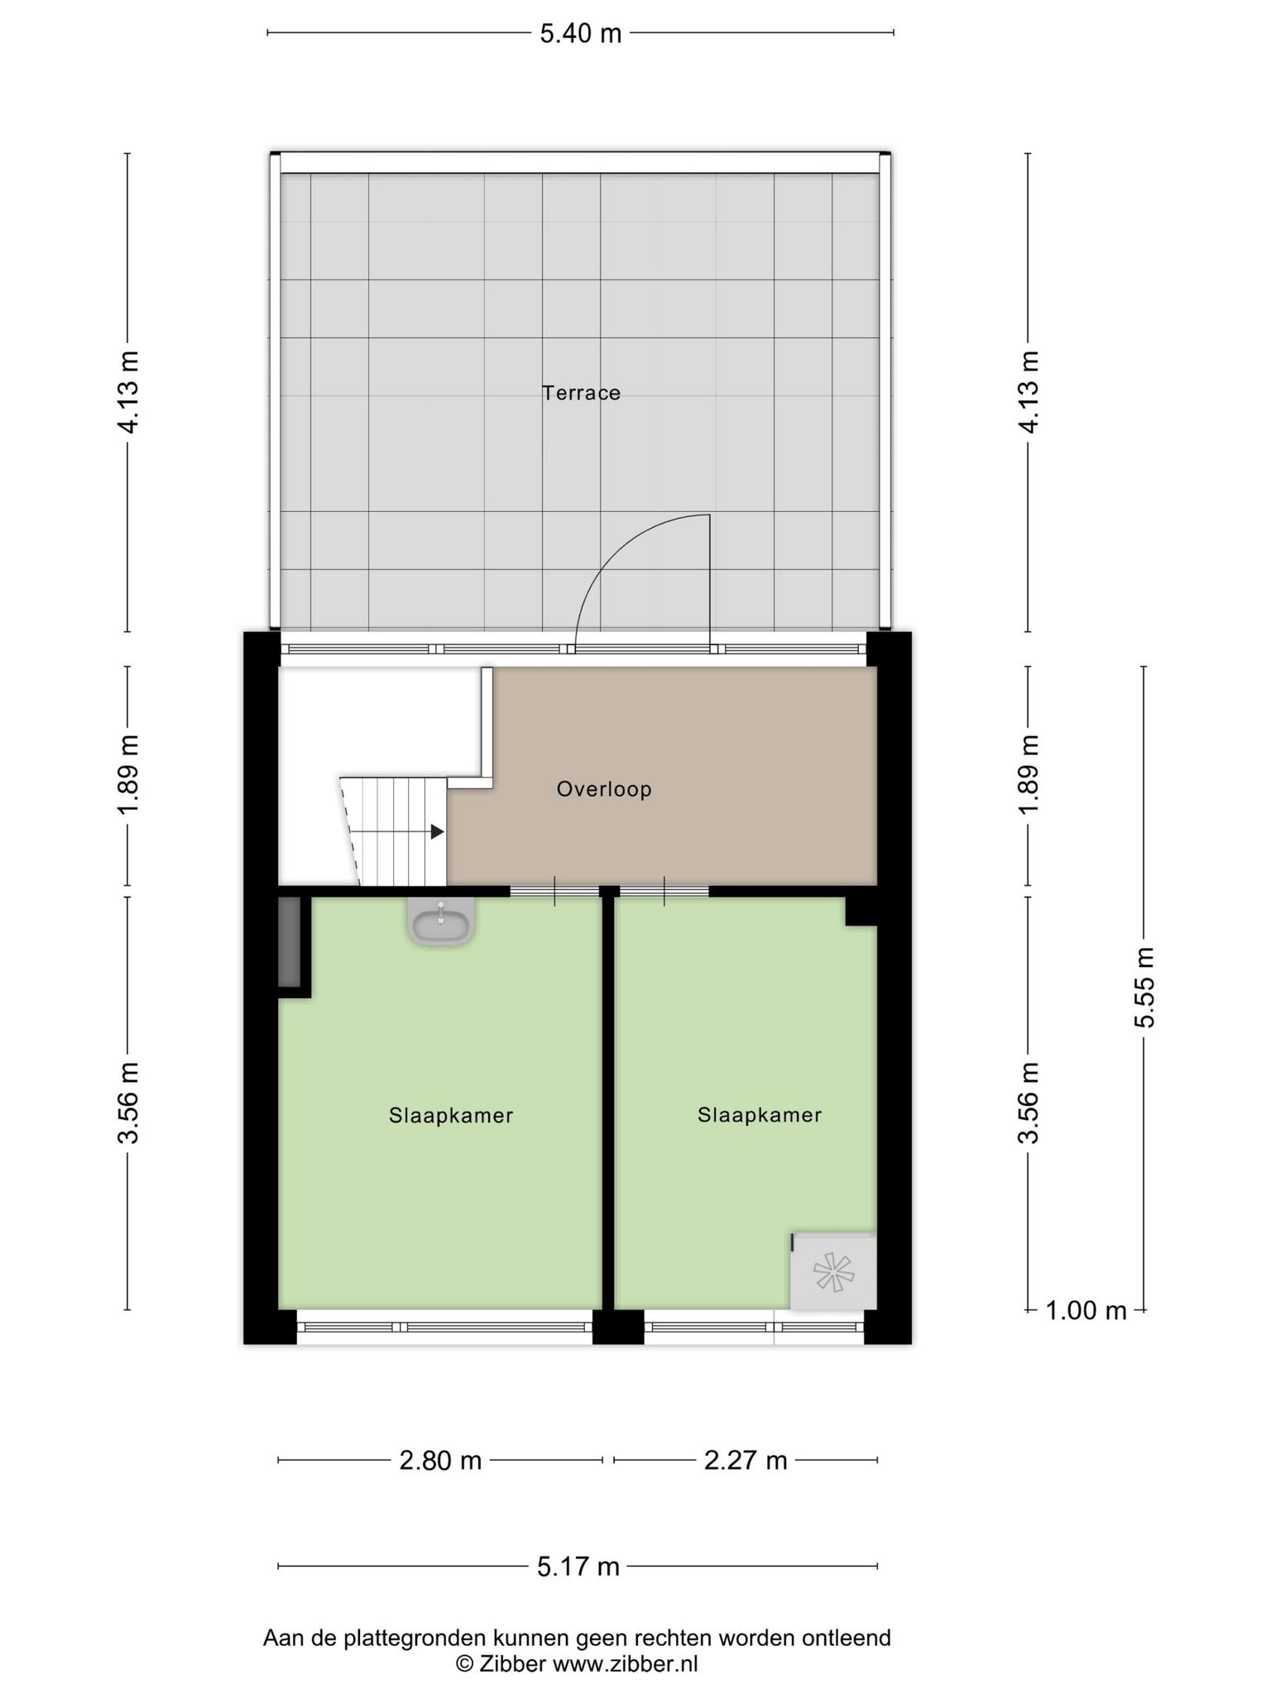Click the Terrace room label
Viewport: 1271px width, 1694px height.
coord(581,393)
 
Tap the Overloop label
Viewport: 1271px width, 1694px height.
coord(604,789)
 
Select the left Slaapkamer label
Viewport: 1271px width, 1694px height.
coord(451,1116)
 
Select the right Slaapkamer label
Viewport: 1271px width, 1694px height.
coord(760,1115)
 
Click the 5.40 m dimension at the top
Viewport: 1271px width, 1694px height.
coord(581,34)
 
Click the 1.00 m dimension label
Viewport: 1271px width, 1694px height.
coord(1086,1310)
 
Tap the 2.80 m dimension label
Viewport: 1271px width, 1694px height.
coord(440,1461)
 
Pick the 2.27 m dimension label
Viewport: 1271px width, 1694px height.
coord(746,1461)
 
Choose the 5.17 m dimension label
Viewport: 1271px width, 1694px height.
coord(578,1567)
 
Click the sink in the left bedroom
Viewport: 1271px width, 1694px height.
coord(441,921)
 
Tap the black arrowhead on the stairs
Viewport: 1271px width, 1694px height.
coord(438,832)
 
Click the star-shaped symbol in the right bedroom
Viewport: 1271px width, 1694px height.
coord(832,1272)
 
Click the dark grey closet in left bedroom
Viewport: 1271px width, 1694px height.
coord(289,942)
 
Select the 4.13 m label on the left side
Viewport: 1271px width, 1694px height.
coord(128,392)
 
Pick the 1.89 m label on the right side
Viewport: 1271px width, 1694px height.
coord(1029,773)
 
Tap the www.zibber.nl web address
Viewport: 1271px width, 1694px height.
coord(625,1664)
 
